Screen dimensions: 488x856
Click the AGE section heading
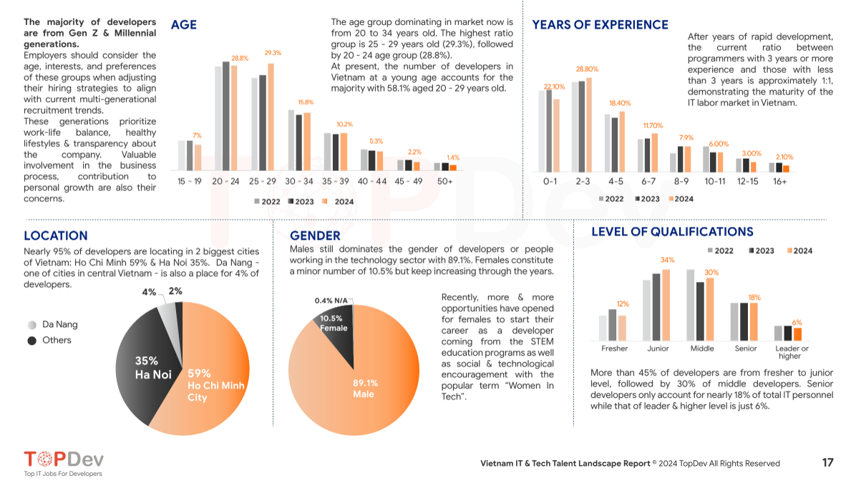click(x=184, y=25)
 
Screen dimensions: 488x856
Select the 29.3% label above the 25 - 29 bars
click(x=273, y=53)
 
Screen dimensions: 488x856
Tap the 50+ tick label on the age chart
click(x=444, y=182)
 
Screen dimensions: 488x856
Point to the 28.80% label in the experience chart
click(x=587, y=69)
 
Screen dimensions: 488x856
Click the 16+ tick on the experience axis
click(x=780, y=182)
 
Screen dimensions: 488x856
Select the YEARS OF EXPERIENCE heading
click(x=600, y=25)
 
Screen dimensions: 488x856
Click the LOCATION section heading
click(x=56, y=235)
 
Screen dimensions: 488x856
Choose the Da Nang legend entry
click(x=54, y=324)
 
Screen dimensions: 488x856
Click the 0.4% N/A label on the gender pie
click(x=331, y=301)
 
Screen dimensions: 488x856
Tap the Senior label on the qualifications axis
click(x=746, y=348)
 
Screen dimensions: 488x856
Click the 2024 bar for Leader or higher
click(x=797, y=334)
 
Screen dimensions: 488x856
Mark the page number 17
click(x=827, y=463)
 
